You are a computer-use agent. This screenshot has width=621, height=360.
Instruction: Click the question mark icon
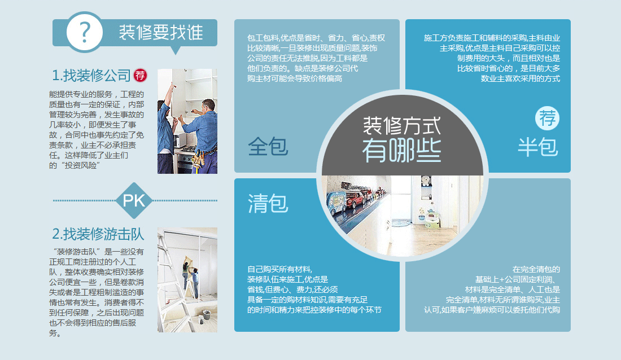coord(85,32)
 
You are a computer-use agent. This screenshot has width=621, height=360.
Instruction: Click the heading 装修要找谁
coord(161,33)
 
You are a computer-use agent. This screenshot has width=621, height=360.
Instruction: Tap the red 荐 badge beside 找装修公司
coord(140,75)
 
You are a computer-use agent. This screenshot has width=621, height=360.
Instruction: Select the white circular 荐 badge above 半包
coord(548,118)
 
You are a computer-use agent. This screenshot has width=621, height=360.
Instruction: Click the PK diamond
coord(134,200)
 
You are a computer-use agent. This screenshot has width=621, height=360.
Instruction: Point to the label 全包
coord(268,147)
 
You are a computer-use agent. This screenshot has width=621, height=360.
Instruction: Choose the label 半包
coord(538,147)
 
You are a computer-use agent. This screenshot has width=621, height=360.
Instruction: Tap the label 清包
coord(268,204)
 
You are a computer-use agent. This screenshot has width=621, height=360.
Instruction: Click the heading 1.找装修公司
coord(91,75)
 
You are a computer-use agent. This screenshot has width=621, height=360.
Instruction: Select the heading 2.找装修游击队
coord(98,234)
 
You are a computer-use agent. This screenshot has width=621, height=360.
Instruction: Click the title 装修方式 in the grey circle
coord(401,125)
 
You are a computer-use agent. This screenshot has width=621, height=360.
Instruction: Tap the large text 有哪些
coord(401,151)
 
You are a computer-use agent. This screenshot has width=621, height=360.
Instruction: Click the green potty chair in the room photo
coord(432,220)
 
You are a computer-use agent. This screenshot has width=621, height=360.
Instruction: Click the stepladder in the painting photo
coord(174,281)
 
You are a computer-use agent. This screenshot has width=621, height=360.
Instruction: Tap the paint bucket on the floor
coord(206,315)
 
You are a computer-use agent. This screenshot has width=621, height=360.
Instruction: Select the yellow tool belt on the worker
coord(198,158)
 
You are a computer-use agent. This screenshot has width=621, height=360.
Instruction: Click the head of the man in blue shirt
coord(208,106)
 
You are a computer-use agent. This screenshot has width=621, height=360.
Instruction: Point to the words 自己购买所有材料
coord(279,269)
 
